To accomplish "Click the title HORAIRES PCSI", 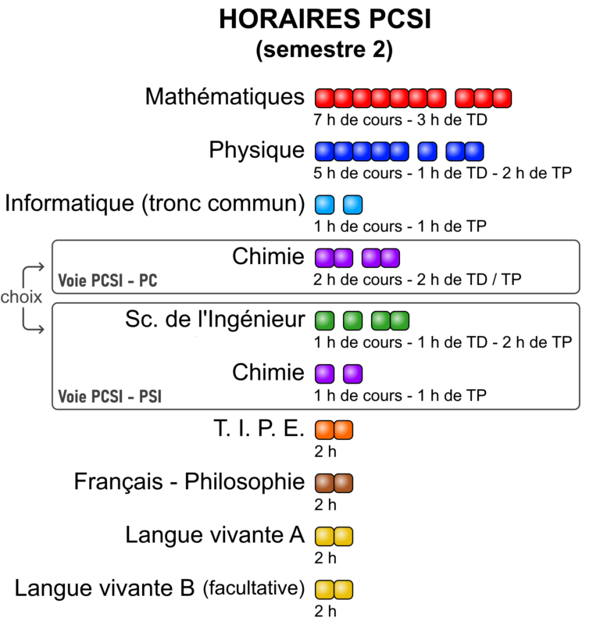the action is click(x=325, y=19).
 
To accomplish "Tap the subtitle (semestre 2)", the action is click(x=324, y=50).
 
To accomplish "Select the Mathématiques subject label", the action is click(x=225, y=97).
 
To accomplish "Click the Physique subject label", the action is click(x=256, y=151).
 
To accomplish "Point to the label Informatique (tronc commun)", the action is click(x=155, y=204).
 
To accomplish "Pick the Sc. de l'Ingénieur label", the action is click(x=215, y=319).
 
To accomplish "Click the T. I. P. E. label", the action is click(x=259, y=428).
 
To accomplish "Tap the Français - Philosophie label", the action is click(x=189, y=482).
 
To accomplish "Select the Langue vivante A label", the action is click(x=215, y=535).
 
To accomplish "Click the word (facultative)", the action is click(x=254, y=588).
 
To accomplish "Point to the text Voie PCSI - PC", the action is click(x=108, y=280).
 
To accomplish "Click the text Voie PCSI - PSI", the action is click(x=110, y=396).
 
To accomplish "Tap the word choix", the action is click(x=21, y=297).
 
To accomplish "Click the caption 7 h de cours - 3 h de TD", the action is click(x=400, y=120).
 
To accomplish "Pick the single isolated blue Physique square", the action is click(x=427, y=152).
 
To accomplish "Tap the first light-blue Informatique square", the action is click(x=324, y=205).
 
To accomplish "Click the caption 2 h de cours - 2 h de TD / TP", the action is click(x=417, y=280).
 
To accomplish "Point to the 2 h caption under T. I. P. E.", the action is click(x=325, y=452).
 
